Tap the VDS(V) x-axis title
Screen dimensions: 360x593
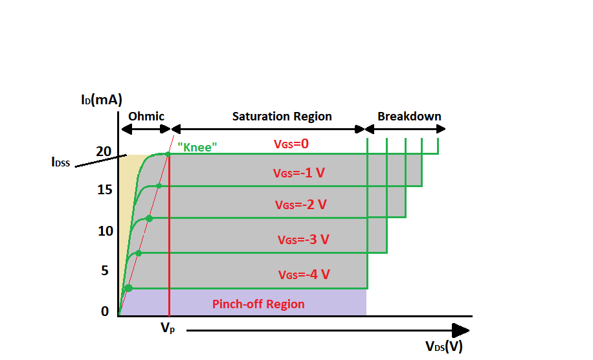point(444,346)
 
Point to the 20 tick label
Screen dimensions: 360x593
point(104,152)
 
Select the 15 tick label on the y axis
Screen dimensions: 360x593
point(105,190)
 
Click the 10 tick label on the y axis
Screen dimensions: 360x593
point(105,231)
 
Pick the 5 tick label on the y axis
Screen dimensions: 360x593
point(104,271)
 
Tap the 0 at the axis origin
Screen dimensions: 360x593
point(105,311)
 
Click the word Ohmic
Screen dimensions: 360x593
point(146,117)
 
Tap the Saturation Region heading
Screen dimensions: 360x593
point(282,117)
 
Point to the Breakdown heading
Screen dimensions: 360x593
point(409,117)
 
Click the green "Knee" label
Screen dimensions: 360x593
point(197,148)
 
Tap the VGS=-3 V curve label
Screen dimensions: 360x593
point(304,240)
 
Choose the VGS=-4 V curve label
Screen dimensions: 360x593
point(304,275)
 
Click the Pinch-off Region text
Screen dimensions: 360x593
point(258,304)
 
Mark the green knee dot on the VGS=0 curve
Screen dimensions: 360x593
point(168,154)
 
